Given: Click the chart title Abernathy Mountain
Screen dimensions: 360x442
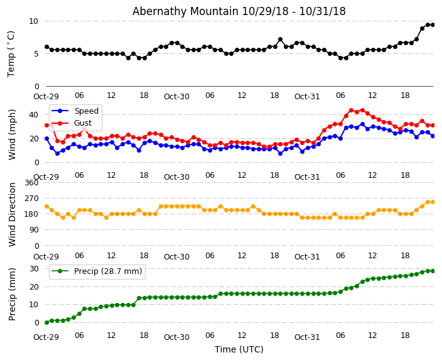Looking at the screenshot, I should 239,11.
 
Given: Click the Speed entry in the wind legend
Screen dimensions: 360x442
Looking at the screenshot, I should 86,111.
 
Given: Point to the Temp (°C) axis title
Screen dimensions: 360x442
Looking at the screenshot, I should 11,53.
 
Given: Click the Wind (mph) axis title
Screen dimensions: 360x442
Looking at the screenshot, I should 12,134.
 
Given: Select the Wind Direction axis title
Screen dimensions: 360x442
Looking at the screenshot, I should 12,214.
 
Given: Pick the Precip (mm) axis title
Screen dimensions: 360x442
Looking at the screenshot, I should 12,294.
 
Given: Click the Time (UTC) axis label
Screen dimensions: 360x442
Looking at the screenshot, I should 239,350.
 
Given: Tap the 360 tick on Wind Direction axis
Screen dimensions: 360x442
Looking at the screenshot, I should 31,182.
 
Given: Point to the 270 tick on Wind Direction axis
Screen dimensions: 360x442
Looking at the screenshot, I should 31,198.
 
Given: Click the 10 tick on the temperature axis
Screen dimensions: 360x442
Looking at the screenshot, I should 33,21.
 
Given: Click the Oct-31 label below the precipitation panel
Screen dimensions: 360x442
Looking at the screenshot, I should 307,337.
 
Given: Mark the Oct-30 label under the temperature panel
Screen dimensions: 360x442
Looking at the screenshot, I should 176,97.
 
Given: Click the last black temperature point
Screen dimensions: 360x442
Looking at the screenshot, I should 433,25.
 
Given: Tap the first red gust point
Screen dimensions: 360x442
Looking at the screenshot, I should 46,125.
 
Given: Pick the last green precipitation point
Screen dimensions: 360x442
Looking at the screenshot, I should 433,271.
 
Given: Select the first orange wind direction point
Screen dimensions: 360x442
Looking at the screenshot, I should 46,206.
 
